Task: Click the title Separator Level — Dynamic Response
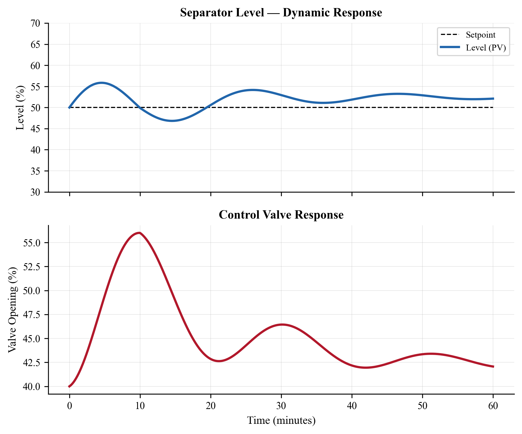281,13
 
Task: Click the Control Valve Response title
281,215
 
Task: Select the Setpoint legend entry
480,35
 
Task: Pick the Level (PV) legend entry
486,48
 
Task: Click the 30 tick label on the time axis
281,406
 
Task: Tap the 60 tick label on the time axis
493,406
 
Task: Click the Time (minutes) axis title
281,421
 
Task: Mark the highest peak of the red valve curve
139,233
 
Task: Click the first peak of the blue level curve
101,83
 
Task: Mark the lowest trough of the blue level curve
172,121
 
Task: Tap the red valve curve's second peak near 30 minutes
282,324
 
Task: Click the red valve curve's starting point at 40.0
70,386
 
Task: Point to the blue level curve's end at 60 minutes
493,99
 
